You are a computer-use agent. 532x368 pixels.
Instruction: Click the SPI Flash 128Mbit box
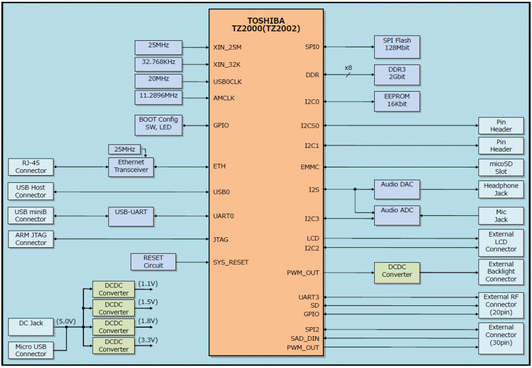[397, 44]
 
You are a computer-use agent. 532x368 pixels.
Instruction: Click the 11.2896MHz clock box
[158, 97]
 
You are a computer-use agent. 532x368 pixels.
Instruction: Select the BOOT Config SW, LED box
[158, 125]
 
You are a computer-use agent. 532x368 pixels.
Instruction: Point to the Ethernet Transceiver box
[131, 166]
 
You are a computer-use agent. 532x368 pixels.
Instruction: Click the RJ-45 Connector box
[31, 167]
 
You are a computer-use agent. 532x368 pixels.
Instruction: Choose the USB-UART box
[131, 216]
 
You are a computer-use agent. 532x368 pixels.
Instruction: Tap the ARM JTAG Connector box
[31, 239]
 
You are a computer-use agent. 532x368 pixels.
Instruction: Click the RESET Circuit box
[153, 262]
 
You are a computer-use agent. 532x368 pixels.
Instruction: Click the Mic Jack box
[501, 215]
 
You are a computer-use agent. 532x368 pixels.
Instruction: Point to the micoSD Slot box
[501, 167]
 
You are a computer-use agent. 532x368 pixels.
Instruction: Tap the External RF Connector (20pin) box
[501, 305]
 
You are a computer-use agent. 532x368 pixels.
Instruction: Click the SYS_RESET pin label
[231, 262]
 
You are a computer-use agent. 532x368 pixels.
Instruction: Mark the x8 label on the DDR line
[348, 68]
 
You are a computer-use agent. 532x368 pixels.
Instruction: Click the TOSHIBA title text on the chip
[266, 20]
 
